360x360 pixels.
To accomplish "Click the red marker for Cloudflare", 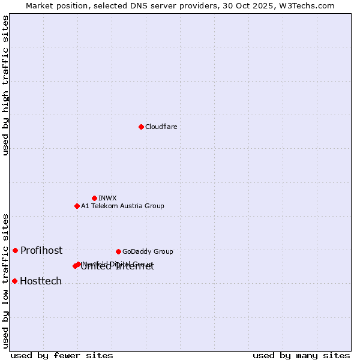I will point(141,127).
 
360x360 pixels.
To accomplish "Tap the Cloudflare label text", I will point(161,127).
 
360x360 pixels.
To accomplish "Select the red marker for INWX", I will point(94,198).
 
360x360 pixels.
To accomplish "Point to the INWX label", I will point(107,198).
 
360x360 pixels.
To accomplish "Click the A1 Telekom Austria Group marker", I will point(77,206).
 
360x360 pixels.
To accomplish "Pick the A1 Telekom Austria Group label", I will point(122,206).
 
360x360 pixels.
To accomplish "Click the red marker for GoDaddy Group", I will point(118,251).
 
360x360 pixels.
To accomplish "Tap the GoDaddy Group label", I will point(148,251).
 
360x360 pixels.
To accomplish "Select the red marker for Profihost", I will point(15,250).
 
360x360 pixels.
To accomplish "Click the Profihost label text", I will point(41,250).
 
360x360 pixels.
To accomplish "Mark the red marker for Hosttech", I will point(14,281).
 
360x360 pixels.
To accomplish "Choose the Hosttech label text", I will point(41,281).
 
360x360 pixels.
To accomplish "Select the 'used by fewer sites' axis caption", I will point(62,355).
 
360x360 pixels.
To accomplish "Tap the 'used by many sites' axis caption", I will point(301,355).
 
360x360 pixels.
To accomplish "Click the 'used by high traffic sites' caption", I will point(6,85).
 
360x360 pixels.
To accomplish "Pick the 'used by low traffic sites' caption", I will point(6,280).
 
